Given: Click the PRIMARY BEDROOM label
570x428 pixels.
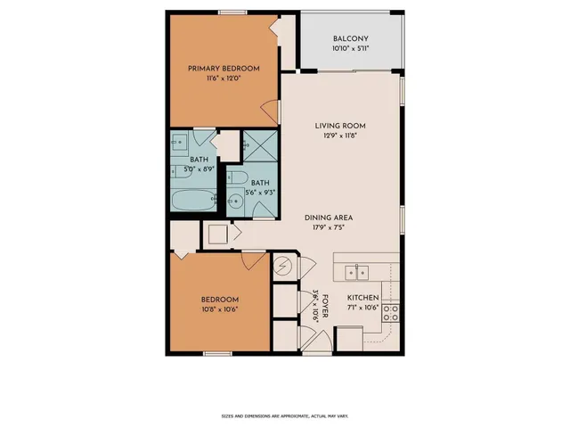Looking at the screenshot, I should [x=223, y=69].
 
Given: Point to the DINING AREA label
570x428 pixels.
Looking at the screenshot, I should [x=330, y=216].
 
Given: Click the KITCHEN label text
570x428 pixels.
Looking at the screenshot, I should [x=362, y=298].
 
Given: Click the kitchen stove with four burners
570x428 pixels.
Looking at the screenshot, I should [x=390, y=314].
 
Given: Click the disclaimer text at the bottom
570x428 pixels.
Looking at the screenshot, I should [x=284, y=416].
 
